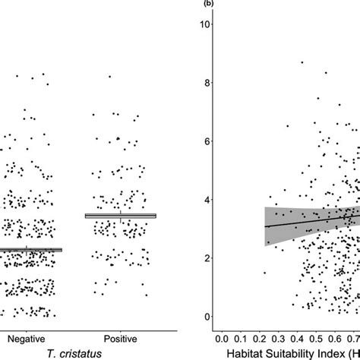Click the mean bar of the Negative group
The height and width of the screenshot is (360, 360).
(29, 249)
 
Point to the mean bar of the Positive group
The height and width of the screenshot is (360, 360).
(121, 216)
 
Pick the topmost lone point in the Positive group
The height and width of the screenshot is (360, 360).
(110, 77)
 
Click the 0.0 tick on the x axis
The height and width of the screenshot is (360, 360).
(222, 335)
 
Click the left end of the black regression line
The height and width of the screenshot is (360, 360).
(265, 226)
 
